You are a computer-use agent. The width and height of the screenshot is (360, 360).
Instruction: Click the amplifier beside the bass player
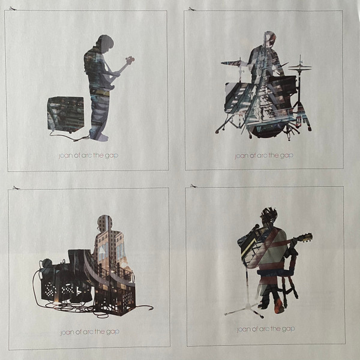tap(65, 115)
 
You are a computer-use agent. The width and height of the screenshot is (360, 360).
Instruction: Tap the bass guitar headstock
tap(130, 59)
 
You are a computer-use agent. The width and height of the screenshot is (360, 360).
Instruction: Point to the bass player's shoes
tap(100, 137)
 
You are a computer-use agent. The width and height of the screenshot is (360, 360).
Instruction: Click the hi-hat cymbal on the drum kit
tap(299, 67)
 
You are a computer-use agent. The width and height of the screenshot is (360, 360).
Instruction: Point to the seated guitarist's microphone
tap(256, 227)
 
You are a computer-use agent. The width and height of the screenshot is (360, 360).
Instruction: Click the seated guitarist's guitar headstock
tap(307, 238)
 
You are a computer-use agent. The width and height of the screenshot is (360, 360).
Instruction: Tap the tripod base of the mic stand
tap(245, 311)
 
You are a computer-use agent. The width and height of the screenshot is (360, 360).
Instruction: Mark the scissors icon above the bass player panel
tap(13, 9)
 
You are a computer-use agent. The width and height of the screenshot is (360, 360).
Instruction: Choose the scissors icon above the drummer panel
tap(192, 9)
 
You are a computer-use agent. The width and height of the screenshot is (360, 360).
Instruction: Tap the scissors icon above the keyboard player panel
tap(17, 188)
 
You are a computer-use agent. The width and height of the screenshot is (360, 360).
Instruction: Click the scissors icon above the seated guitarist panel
tap(194, 186)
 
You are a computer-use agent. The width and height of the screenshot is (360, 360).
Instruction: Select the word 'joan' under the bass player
tap(65, 156)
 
